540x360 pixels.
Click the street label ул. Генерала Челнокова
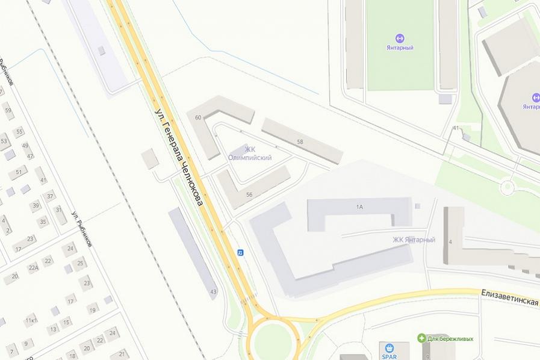179,158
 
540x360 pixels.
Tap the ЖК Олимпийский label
249,154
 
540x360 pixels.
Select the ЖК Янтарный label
414,240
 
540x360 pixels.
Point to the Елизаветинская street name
509,297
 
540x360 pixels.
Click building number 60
198,117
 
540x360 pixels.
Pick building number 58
299,141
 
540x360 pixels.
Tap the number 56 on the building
249,194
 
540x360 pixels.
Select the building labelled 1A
359,207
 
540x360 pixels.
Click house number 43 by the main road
213,292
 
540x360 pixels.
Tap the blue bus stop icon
240,252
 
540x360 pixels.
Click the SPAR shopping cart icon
389,347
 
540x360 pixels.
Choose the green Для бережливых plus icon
422,338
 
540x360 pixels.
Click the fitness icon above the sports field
400,38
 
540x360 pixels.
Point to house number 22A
33,268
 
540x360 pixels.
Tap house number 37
50,195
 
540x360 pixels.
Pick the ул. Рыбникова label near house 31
81,229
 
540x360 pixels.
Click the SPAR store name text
389,356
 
